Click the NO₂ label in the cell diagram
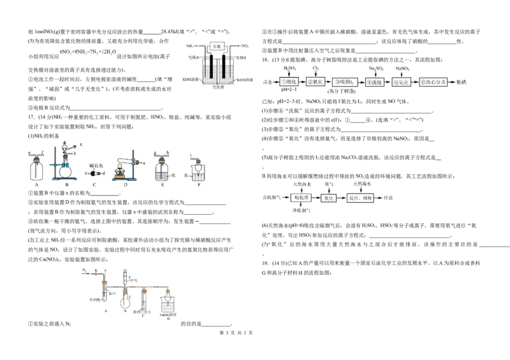(245, 46)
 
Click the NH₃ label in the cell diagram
(190, 46)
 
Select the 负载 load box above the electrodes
(217, 46)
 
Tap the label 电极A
(194, 58)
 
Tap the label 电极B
(242, 58)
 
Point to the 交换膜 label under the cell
(217, 88)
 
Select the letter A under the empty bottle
(38, 185)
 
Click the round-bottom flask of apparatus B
(66, 169)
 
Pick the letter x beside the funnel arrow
(81, 145)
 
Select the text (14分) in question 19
(278, 263)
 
